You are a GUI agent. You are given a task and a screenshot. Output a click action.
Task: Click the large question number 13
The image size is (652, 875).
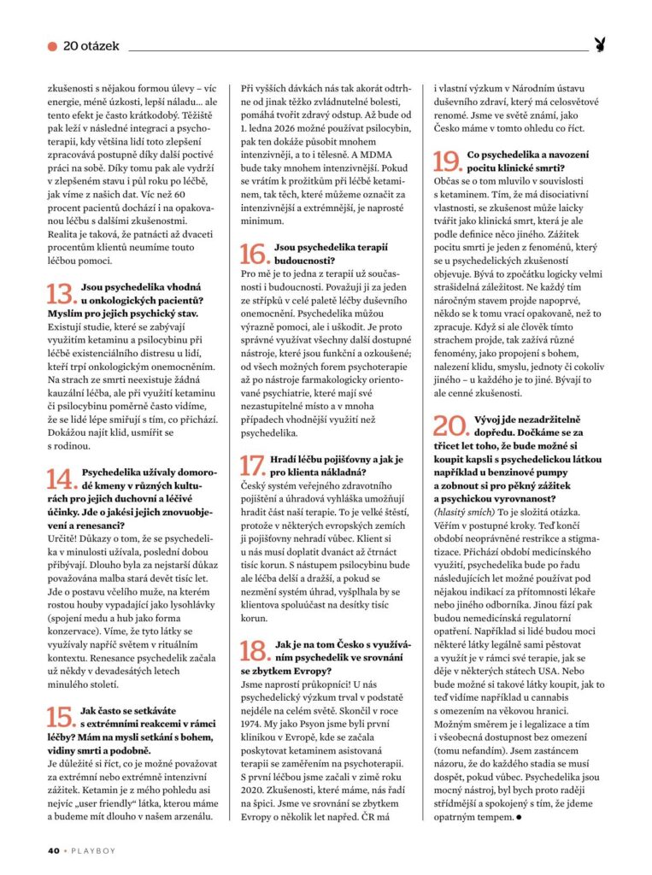coord(61,295)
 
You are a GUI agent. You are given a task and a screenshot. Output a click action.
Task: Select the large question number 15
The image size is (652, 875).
coord(61,716)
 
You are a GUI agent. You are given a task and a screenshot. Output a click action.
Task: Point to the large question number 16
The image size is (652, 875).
coord(255,254)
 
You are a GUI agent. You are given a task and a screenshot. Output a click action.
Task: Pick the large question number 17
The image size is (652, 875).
coord(255,466)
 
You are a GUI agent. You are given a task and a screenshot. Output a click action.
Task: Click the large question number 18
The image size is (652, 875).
coord(255,651)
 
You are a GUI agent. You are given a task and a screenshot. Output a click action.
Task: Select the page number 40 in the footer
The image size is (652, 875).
coord(52,850)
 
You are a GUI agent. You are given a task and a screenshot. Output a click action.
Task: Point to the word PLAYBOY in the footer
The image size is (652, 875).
coord(91,850)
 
